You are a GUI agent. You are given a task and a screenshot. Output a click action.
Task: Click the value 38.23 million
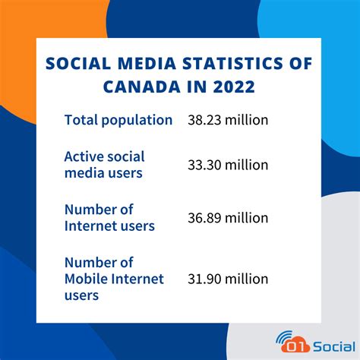[228, 119]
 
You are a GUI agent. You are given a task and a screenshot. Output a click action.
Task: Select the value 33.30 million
[228, 165]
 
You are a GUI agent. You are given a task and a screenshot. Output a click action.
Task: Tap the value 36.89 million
[228, 218]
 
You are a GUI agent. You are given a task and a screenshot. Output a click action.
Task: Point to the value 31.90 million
[228, 279]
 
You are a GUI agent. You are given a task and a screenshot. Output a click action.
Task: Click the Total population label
[118, 119]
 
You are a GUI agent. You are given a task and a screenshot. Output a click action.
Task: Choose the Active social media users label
[104, 165]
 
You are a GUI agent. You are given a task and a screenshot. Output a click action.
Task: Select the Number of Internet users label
[109, 217]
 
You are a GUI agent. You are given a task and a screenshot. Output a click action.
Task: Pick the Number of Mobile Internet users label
[114, 279]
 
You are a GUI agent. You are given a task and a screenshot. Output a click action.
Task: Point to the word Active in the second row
[84, 156]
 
